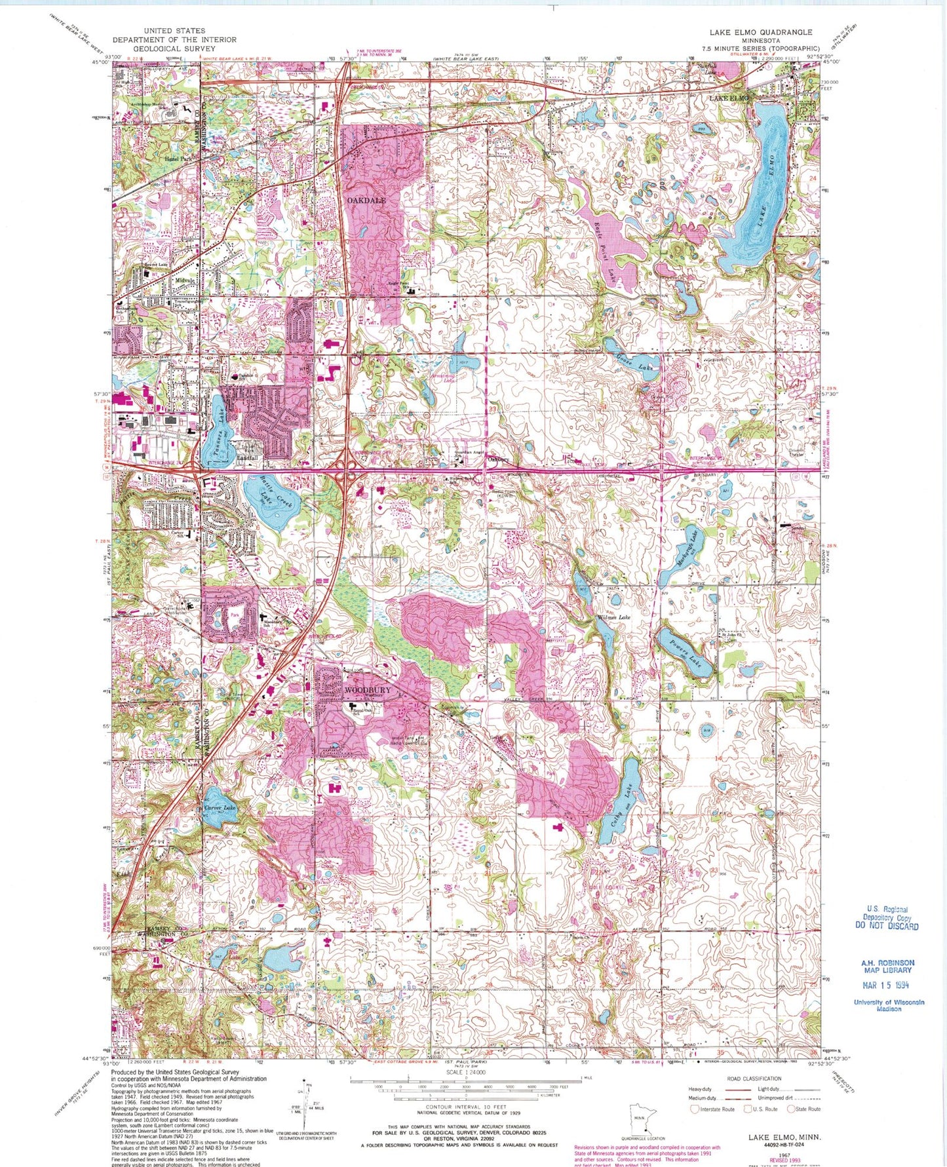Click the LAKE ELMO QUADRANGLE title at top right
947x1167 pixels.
tap(760, 32)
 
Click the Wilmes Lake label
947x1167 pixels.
tap(612, 617)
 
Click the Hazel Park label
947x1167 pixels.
tap(178, 159)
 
